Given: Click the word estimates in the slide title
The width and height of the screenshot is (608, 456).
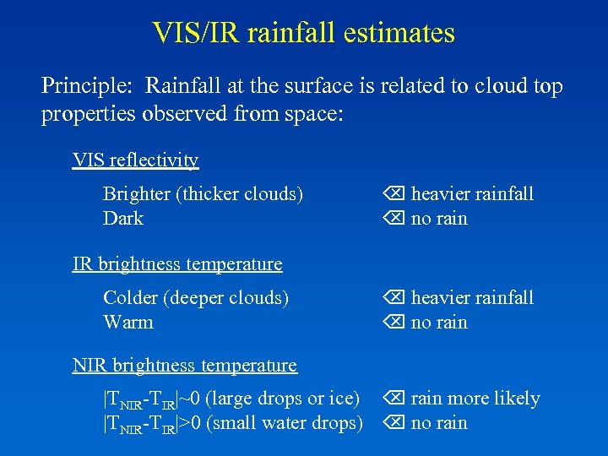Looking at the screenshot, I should [400, 33].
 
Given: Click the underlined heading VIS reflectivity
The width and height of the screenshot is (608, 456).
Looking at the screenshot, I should [135, 160].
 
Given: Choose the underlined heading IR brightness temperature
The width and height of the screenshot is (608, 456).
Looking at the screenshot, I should [177, 263].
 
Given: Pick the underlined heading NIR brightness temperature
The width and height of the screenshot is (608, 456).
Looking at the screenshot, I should [184, 365].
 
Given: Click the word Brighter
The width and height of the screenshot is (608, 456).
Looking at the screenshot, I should [136, 194].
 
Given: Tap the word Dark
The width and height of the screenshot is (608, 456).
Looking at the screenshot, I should [123, 219].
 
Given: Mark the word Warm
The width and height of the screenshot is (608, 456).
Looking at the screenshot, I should [128, 323].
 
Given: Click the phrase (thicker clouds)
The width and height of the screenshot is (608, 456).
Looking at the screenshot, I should [239, 194].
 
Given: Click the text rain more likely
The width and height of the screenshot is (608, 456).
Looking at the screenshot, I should [475, 399].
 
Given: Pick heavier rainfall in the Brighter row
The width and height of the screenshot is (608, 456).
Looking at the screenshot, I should [472, 194].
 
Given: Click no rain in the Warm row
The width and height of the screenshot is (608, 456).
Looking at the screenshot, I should [438, 323].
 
